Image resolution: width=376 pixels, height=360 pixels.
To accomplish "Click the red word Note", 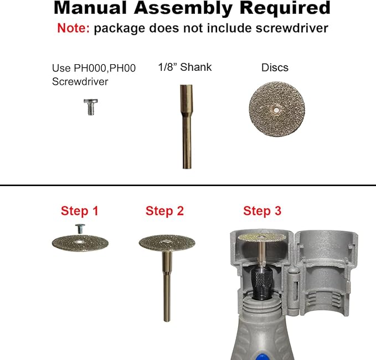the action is pyautogui.click(x=73, y=28).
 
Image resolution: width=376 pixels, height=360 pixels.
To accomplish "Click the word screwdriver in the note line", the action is pyautogui.click(x=292, y=28).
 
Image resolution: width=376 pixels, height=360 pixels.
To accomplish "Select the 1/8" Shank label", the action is pyautogui.click(x=185, y=67).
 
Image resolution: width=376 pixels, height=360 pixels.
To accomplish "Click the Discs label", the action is pyautogui.click(x=275, y=68).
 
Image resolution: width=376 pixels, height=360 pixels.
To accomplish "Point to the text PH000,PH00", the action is pyautogui.click(x=105, y=68).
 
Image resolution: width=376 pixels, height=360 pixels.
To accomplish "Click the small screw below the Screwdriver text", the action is pyautogui.click(x=91, y=107).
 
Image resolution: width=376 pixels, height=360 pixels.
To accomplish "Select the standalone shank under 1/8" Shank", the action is pyautogui.click(x=186, y=126).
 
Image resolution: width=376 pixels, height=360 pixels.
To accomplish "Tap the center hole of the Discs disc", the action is pyautogui.click(x=276, y=110).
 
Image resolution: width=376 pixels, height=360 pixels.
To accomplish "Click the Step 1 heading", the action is pyautogui.click(x=80, y=211).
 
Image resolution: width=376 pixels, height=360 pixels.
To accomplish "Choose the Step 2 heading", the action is pyautogui.click(x=164, y=211).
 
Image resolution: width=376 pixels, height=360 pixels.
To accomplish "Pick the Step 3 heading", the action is pyautogui.click(x=262, y=211).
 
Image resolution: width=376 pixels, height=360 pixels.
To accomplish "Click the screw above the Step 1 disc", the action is pyautogui.click(x=80, y=229).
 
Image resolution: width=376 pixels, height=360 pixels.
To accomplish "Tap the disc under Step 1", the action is pyautogui.click(x=80, y=243).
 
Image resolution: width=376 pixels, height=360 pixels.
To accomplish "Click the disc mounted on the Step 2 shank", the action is pyautogui.click(x=167, y=243).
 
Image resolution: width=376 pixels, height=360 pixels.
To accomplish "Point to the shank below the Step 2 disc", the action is pyautogui.click(x=167, y=286).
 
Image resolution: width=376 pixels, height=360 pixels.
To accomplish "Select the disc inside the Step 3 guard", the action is pyautogui.click(x=262, y=238).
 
